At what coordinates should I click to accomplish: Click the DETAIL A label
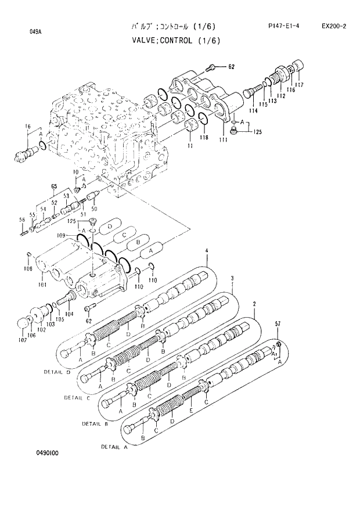coord(114,447)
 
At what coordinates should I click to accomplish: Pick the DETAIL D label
coord(57,371)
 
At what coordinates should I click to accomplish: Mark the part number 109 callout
coord(62,235)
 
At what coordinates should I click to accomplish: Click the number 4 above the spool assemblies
coord(206,251)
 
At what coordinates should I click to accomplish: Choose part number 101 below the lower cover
coord(42,285)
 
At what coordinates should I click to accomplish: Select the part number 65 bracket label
coord(54,186)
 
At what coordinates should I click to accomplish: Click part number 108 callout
coord(28,268)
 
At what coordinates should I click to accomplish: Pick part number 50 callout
coord(95,209)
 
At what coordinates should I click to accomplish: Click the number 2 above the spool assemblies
coord(254,304)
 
